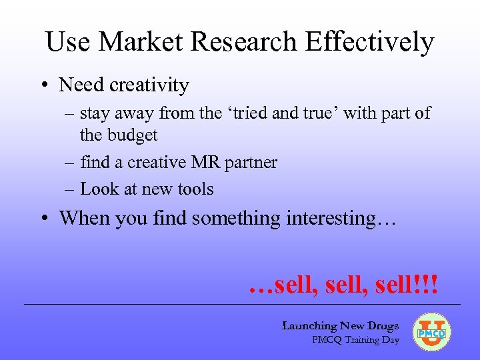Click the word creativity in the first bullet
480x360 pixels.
pos(149,85)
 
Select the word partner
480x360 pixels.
pos(251,163)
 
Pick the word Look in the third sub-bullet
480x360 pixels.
pos(95,189)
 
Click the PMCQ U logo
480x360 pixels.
pos(432,332)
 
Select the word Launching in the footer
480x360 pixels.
pos(309,326)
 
